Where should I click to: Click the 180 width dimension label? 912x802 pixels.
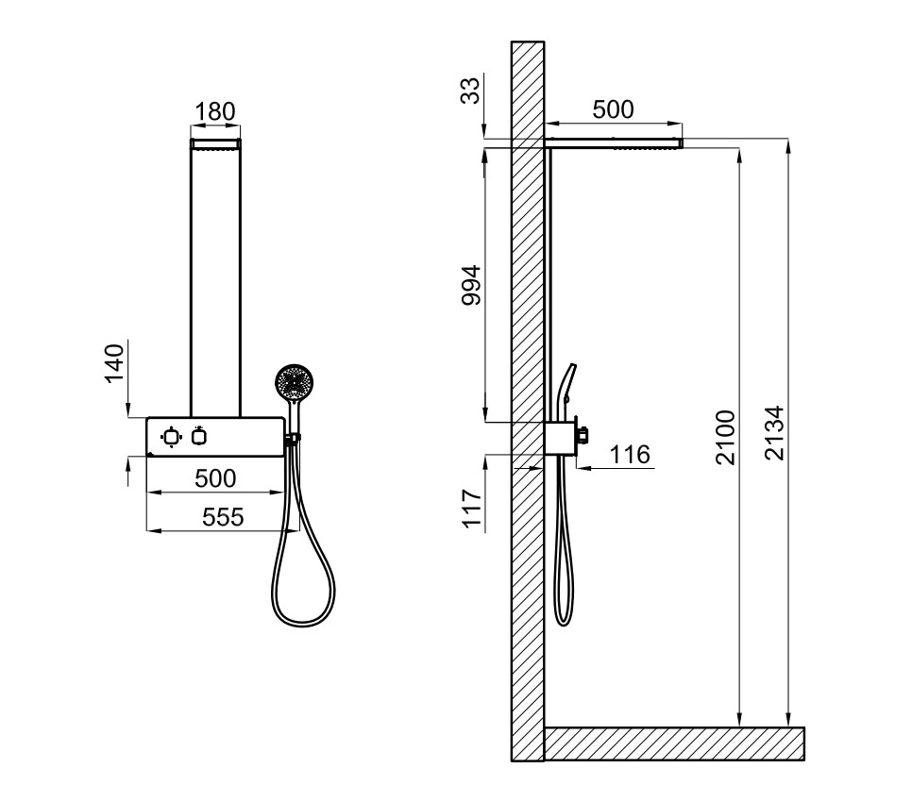coord(214,111)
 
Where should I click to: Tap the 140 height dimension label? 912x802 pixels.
coord(114,363)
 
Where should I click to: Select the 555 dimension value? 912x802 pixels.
coord(223,517)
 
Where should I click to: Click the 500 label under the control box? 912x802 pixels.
coord(215,478)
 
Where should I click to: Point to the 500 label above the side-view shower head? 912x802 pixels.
coord(613,109)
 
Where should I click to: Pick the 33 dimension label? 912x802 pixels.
coord(471,90)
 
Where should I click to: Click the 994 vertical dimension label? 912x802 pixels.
coord(471,285)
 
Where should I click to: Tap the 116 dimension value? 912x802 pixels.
coord(630,454)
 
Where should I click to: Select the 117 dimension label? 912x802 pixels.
coord(472,509)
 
